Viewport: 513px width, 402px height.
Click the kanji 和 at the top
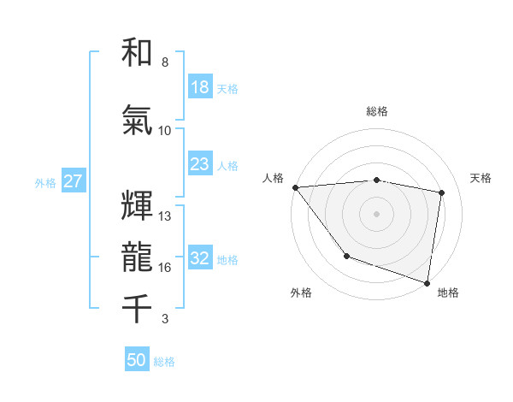click(x=138, y=53)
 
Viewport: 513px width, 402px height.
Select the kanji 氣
click(x=138, y=121)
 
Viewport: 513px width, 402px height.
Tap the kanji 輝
click(x=138, y=205)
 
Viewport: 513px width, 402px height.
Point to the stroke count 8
click(x=164, y=62)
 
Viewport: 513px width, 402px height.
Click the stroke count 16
click(x=165, y=268)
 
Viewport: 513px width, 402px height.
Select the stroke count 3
click(x=164, y=319)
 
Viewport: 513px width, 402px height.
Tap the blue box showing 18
click(x=199, y=87)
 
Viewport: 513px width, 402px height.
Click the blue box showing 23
click(x=199, y=164)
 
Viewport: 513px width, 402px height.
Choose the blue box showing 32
click(x=199, y=258)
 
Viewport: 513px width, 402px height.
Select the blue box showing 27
click(x=74, y=181)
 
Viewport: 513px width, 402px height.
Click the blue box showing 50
click(x=137, y=360)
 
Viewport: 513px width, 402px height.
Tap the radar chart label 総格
click(x=377, y=111)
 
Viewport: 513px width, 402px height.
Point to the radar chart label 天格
click(x=481, y=178)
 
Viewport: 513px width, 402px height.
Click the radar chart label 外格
click(x=301, y=293)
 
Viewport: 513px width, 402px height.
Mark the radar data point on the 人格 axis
click(x=295, y=187)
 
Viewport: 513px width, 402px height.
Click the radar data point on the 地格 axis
click(x=427, y=282)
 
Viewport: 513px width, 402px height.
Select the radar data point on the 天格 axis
click(x=442, y=192)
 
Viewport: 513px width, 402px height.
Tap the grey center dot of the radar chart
click(x=377, y=214)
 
